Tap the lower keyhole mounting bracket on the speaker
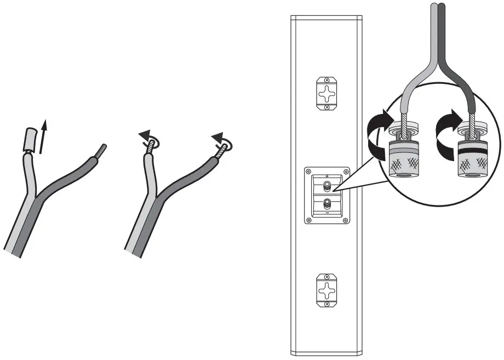(x=327, y=288)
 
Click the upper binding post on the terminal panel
(x=327, y=185)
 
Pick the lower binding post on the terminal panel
(x=327, y=202)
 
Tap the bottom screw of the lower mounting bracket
(x=327, y=303)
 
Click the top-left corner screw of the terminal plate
(x=308, y=171)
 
